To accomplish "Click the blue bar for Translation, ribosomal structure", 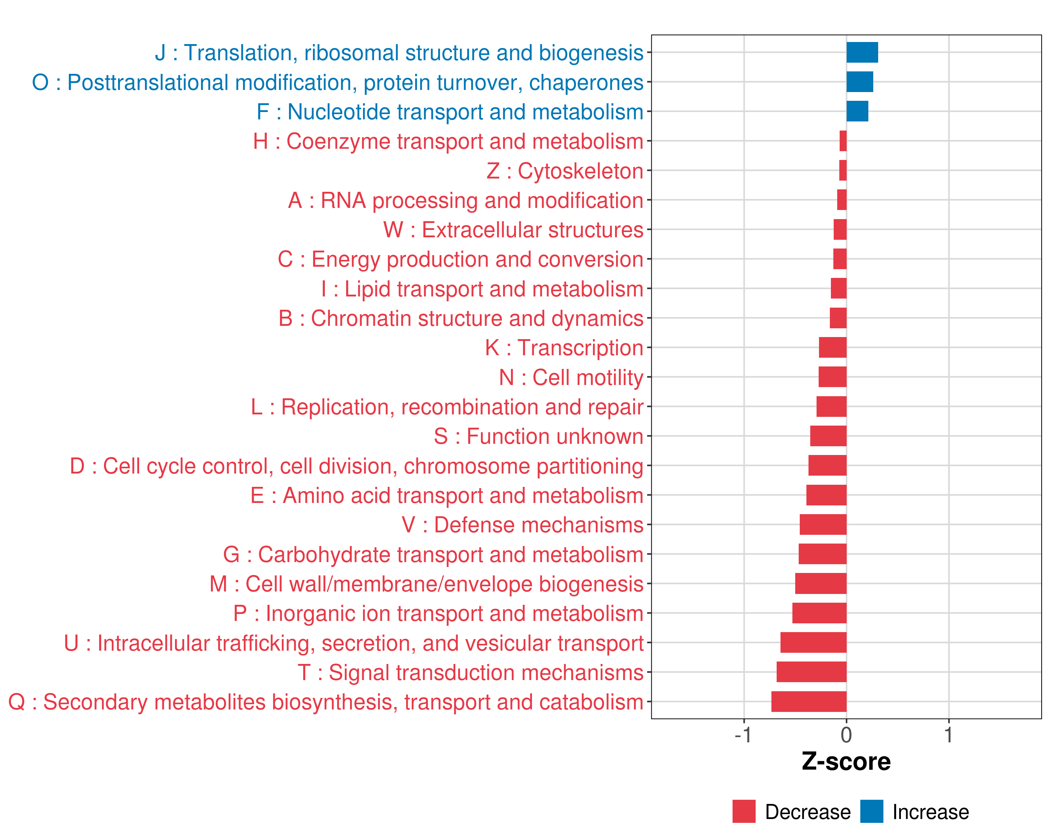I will pyautogui.click(x=862, y=52).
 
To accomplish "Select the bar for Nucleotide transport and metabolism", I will pyautogui.click(x=857, y=112).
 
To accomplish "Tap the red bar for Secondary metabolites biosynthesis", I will pyautogui.click(x=808, y=702).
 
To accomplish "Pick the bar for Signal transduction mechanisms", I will pyautogui.click(x=811, y=672).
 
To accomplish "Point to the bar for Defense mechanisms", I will pyautogui.click(x=823, y=524).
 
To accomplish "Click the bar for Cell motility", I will pyautogui.click(x=832, y=377).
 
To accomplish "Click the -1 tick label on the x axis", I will pyautogui.click(x=743, y=735).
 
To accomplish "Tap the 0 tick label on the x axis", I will pyautogui.click(x=846, y=735).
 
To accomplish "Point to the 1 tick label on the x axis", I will pyautogui.click(x=948, y=735).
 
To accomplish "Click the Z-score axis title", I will pyautogui.click(x=846, y=762).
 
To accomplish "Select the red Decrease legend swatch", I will pyautogui.click(x=744, y=811).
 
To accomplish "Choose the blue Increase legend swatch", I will pyautogui.click(x=871, y=811).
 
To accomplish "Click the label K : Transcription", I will pyautogui.click(x=564, y=348).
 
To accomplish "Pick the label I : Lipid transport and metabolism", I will pyautogui.click(x=482, y=289).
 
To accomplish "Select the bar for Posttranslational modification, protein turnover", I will pyautogui.click(x=860, y=82).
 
